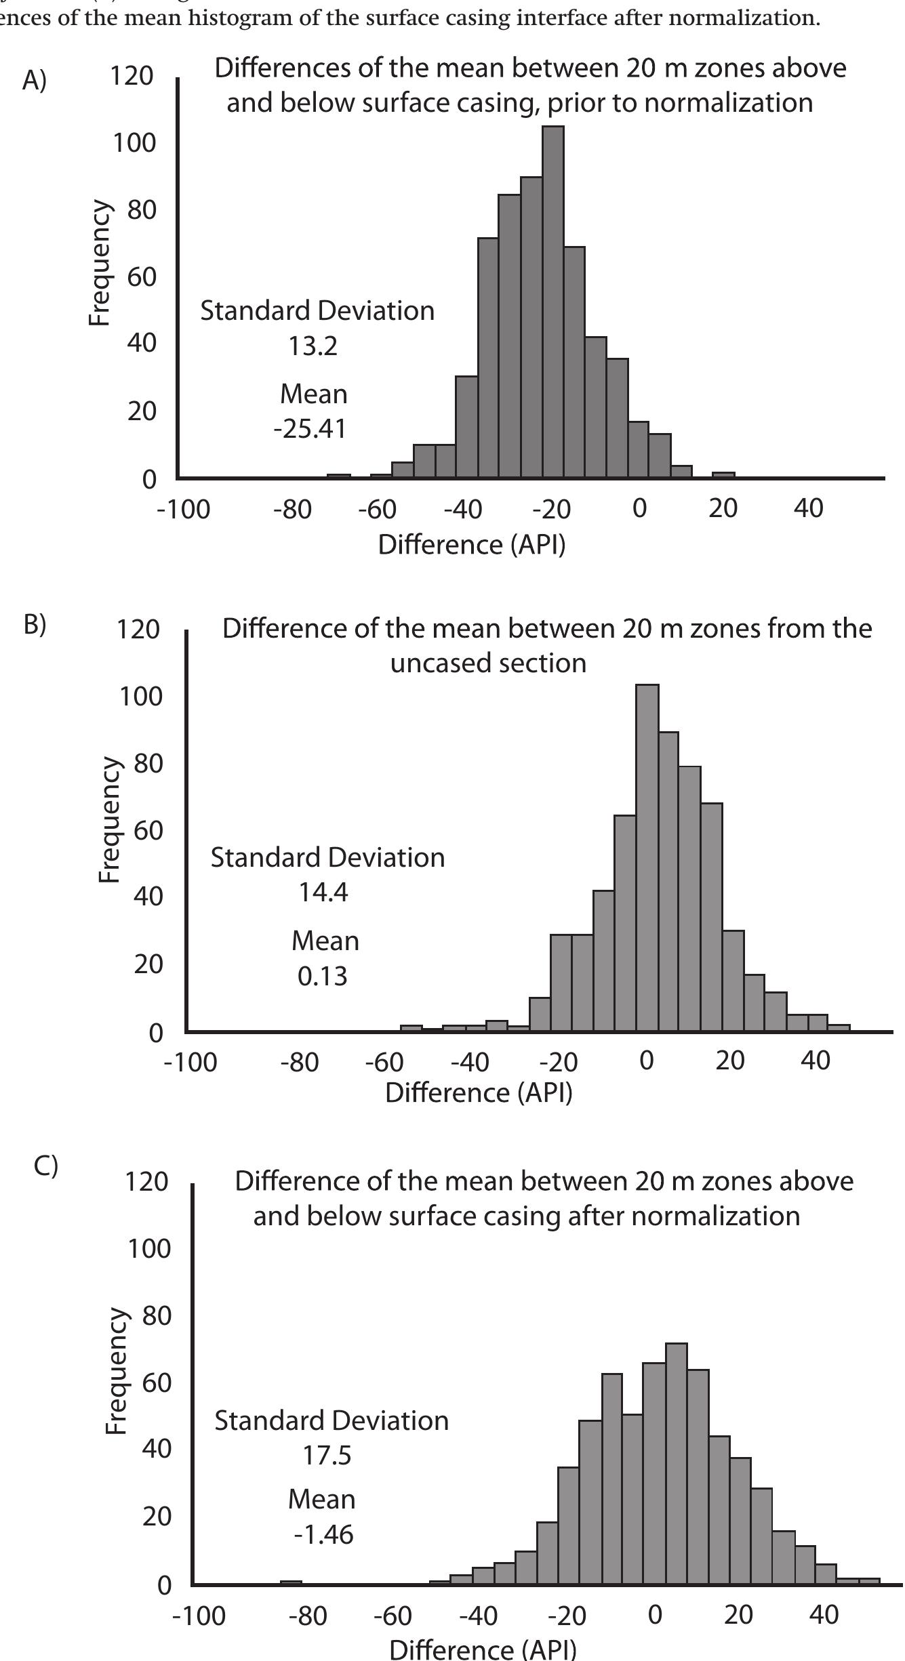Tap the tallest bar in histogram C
click(x=677, y=1464)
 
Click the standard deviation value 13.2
click(x=313, y=346)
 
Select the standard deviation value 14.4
click(x=323, y=892)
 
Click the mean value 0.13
click(x=323, y=976)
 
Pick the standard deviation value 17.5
click(x=327, y=1454)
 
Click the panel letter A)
click(x=35, y=81)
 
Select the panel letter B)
click(x=35, y=625)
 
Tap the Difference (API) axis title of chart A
click(x=471, y=544)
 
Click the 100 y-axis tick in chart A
click(x=134, y=143)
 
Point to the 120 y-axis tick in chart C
click(x=146, y=1181)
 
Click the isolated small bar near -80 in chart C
click(x=291, y=1582)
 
